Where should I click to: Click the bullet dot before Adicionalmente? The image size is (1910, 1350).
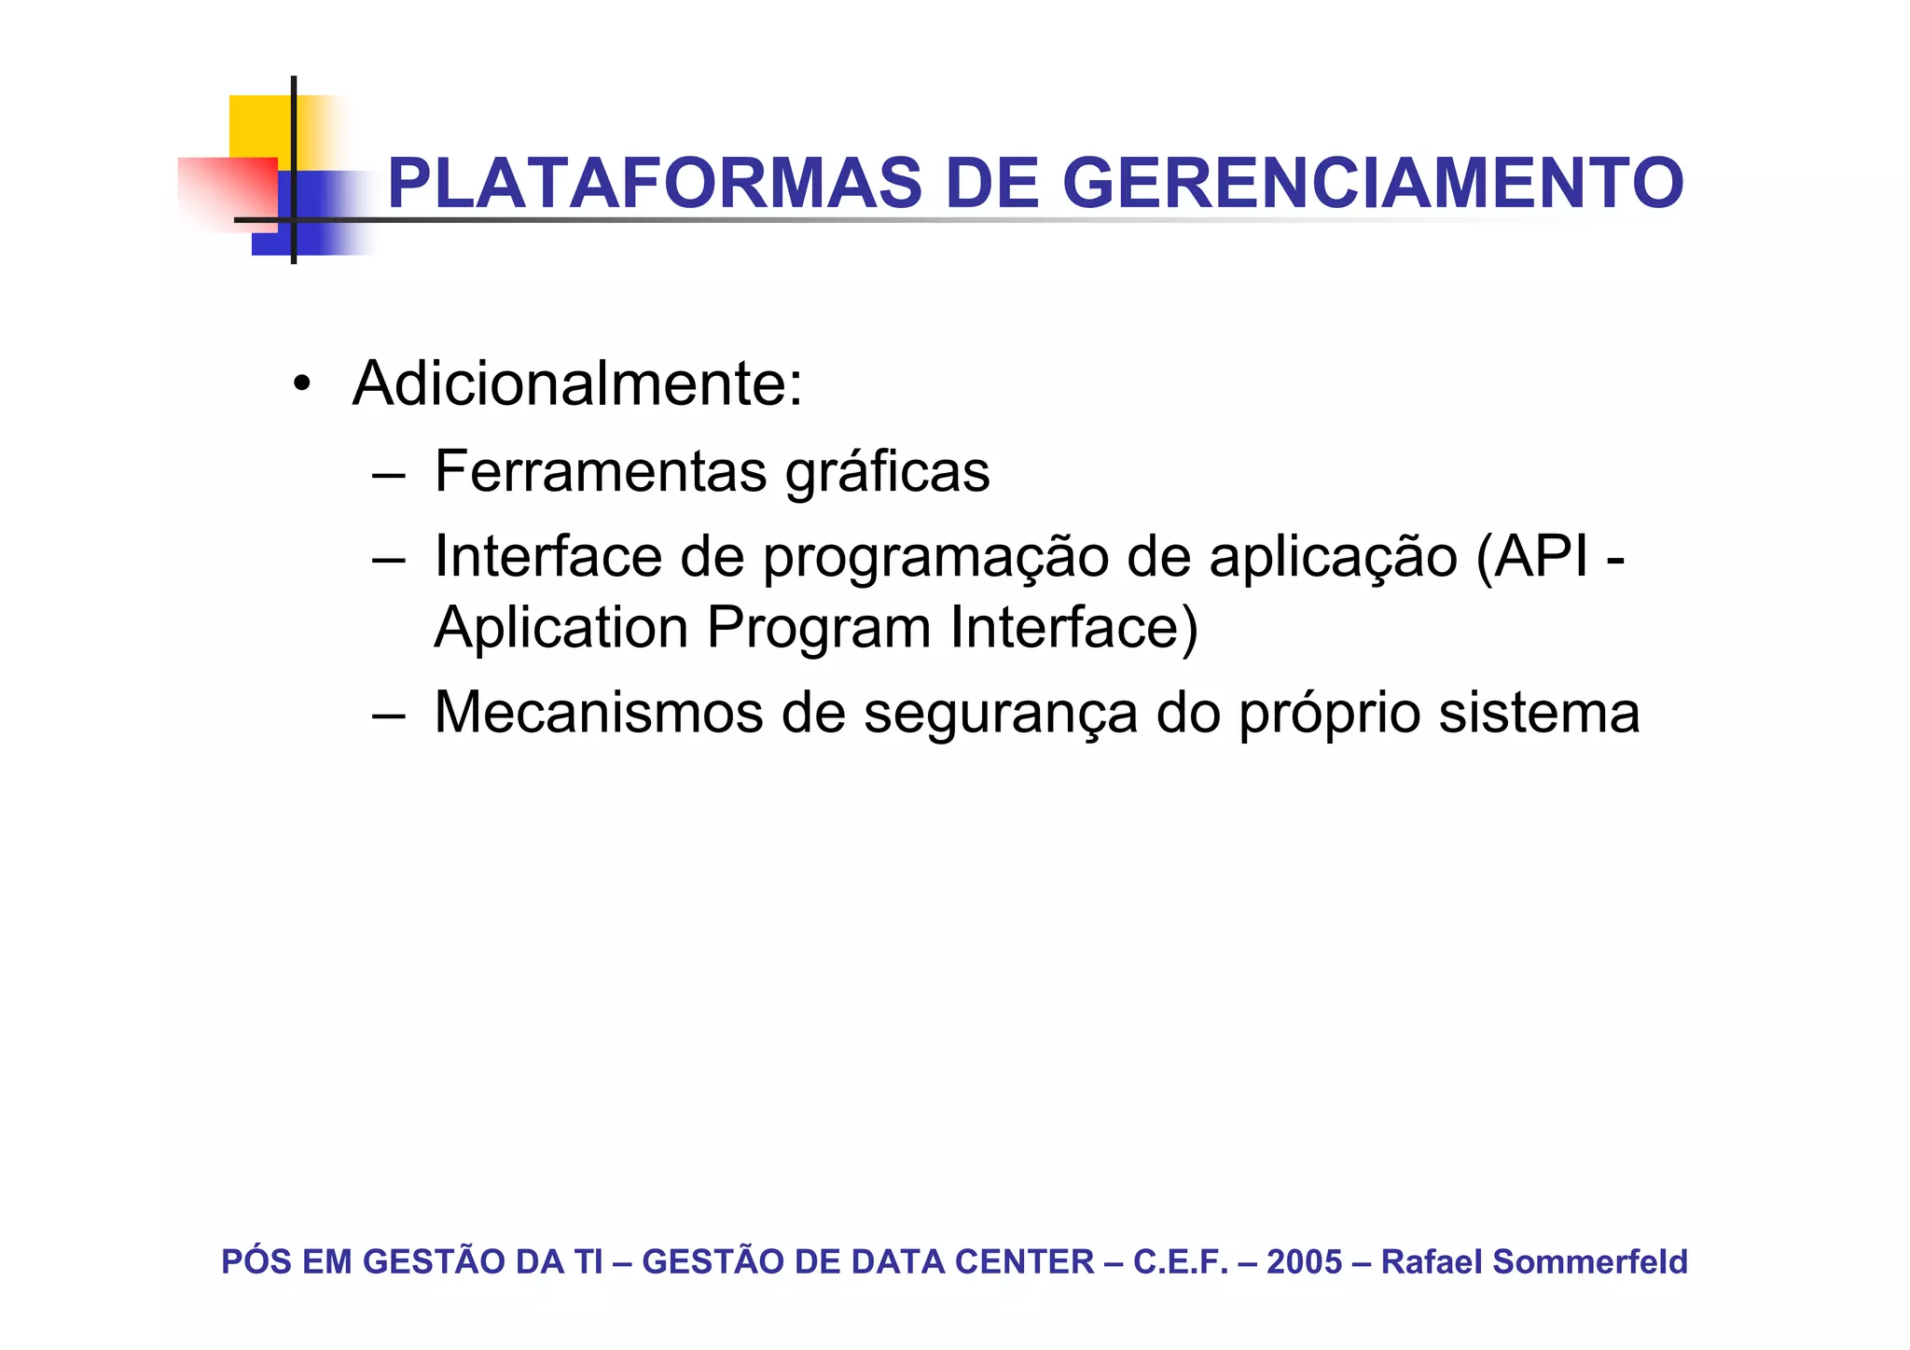coord(300,384)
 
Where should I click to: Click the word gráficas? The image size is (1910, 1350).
coord(887,473)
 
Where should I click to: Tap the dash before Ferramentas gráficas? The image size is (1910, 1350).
coord(387,473)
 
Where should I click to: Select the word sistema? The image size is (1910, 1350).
coord(1538,713)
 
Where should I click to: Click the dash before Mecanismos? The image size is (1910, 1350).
coord(387,716)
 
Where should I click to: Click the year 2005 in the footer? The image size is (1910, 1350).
coord(1304,1261)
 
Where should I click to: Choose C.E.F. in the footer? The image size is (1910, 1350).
coord(1180,1261)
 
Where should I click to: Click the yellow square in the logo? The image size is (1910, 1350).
coord(259,125)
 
